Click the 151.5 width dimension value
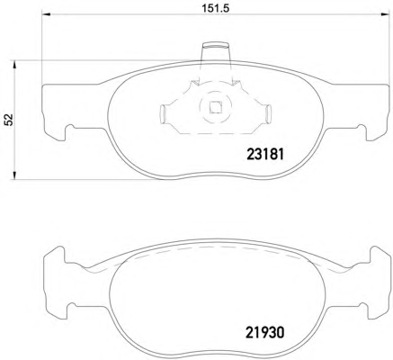point(215,8)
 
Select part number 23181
point(264,155)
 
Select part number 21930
point(264,333)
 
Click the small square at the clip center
point(215,108)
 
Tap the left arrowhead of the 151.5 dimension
point(46,13)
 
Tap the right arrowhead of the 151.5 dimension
point(385,13)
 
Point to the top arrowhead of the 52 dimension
point(13,65)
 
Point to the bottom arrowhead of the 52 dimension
point(13,175)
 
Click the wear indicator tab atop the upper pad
point(216,51)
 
